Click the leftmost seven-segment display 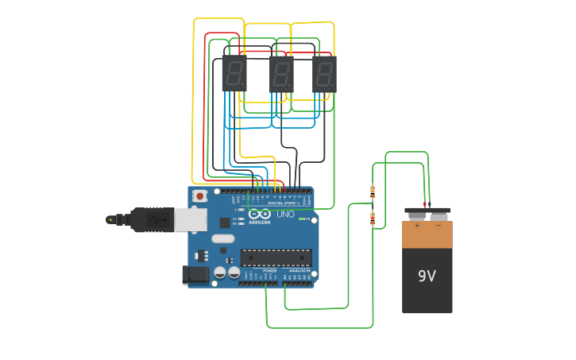click(234, 74)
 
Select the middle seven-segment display click(281, 74)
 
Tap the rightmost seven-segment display click(324, 74)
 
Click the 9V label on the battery click(427, 276)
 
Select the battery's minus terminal click(439, 212)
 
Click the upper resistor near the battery click(373, 191)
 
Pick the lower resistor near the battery click(373, 219)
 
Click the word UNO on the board click(284, 215)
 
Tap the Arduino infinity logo click(259, 214)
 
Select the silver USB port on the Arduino click(191, 219)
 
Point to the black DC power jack click(195, 275)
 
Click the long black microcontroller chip click(276, 257)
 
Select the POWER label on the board click(270, 271)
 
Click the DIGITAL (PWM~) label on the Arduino click(283, 203)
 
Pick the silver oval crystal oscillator click(223, 238)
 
